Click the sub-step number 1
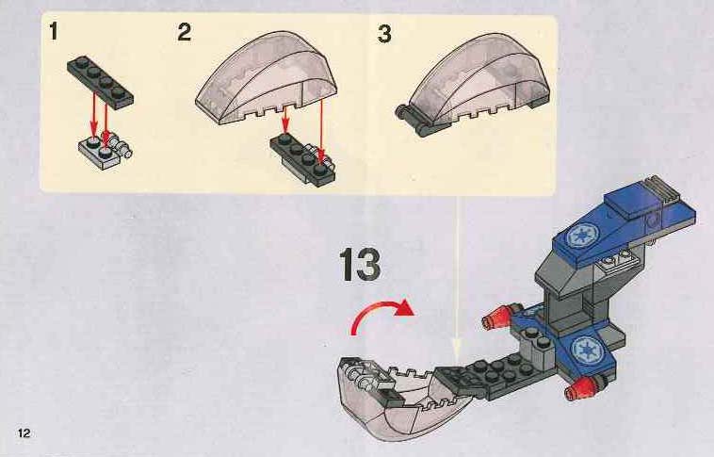55,31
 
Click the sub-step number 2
185,32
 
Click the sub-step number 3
384,34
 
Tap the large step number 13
360,264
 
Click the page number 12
24,433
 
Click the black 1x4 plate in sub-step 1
100,81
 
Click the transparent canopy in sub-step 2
267,77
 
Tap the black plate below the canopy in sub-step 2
302,157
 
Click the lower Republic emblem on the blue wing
585,350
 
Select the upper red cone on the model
496,318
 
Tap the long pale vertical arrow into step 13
458,278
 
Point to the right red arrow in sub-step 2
322,131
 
